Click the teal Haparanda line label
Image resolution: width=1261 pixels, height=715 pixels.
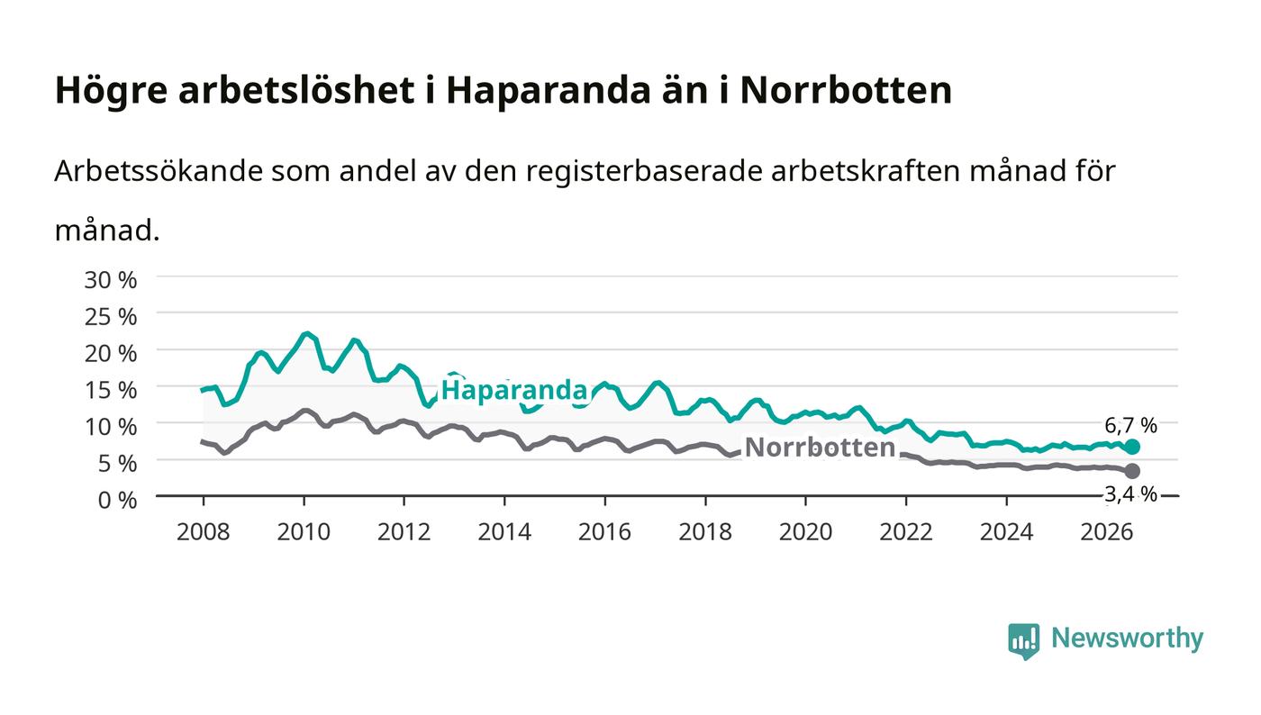(x=514, y=390)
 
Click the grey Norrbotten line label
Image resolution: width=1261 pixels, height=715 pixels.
(x=820, y=448)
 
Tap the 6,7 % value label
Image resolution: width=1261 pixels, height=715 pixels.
(x=1130, y=425)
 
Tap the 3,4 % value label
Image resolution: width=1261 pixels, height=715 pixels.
(x=1130, y=494)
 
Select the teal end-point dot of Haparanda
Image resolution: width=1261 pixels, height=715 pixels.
(x=1132, y=447)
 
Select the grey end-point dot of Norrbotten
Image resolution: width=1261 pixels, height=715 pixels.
(x=1132, y=471)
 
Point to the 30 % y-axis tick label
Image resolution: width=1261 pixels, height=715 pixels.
(x=110, y=280)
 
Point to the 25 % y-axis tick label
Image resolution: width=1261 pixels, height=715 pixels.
(x=110, y=317)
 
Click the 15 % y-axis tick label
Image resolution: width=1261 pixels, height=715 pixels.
(x=110, y=390)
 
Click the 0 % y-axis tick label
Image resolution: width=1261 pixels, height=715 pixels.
(x=117, y=500)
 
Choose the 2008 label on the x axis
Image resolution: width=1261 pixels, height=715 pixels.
(x=204, y=532)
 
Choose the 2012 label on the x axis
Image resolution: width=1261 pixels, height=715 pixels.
(x=404, y=532)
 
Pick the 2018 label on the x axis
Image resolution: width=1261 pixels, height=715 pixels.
(x=704, y=532)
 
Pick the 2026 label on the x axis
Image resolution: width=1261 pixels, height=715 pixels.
(x=1106, y=532)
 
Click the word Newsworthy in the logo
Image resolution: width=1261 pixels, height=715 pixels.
(x=1127, y=638)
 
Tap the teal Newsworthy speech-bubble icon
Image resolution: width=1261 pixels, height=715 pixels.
(x=1023, y=641)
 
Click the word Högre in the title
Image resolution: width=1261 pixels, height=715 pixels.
(x=111, y=91)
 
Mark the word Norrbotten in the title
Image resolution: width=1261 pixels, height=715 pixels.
(x=846, y=90)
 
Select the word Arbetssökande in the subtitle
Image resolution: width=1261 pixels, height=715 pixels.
(x=159, y=171)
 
